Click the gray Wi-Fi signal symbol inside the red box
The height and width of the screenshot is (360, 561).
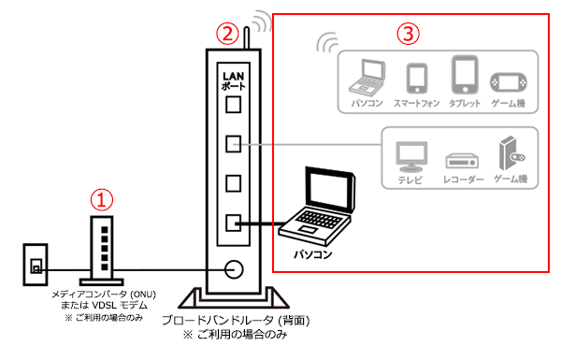(325, 43)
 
